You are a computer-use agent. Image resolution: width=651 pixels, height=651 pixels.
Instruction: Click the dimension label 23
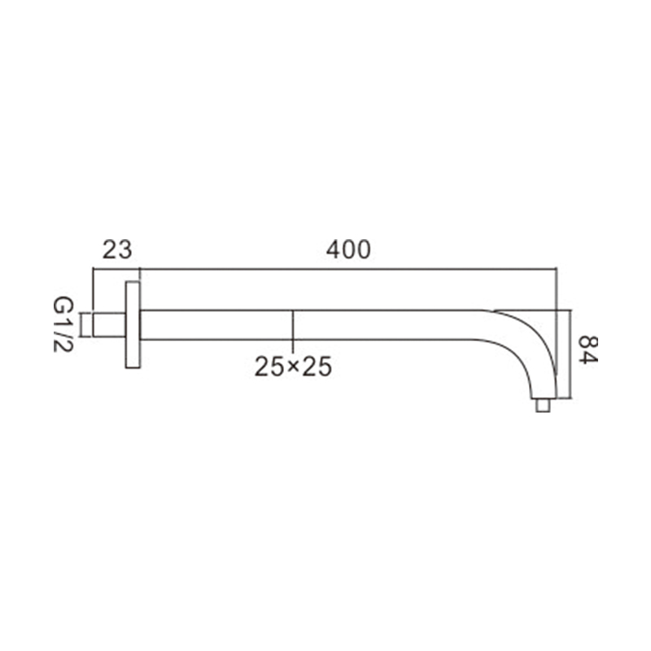point(117,250)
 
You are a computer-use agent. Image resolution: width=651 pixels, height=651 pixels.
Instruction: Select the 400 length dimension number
point(348,250)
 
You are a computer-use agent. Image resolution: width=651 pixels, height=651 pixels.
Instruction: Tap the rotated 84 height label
point(588,350)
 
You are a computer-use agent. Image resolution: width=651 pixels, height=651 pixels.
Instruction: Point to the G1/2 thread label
point(63,324)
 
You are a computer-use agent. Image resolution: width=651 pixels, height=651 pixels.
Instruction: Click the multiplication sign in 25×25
point(293,366)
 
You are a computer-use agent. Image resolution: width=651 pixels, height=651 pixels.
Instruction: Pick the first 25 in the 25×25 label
point(270,367)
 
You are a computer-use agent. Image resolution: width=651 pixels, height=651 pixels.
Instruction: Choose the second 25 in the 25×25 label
point(317,367)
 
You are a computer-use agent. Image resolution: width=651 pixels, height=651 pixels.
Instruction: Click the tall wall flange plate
point(133,325)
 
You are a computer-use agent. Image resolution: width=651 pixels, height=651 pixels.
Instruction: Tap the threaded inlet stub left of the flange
point(109,325)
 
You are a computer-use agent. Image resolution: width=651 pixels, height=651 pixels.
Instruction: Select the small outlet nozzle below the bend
point(543,405)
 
